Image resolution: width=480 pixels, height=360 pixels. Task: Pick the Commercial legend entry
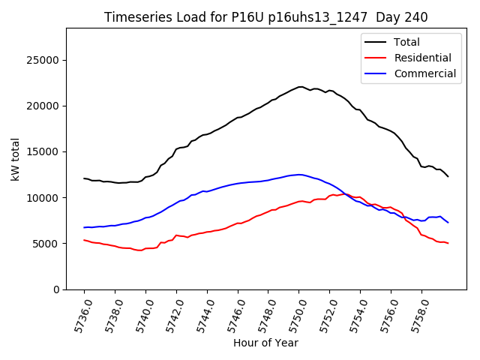(424, 73)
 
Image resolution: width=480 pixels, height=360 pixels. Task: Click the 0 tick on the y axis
(56, 289)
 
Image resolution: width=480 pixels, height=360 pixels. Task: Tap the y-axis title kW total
(16, 159)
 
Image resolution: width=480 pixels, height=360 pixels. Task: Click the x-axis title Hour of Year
(265, 343)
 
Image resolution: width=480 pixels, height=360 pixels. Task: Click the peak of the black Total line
(300, 87)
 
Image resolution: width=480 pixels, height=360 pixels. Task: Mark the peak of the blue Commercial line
(299, 175)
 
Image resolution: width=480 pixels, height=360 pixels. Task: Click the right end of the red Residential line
(448, 244)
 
